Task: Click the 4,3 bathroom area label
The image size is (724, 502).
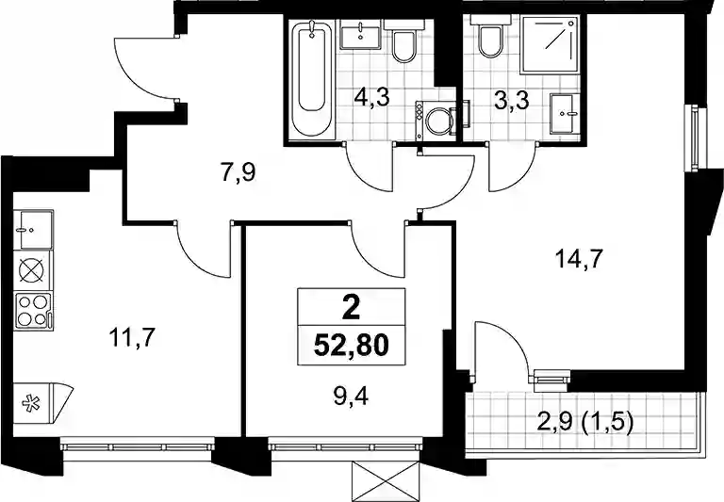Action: click(x=372, y=98)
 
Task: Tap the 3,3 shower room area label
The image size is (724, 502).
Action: click(x=511, y=101)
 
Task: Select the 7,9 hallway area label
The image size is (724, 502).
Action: click(x=238, y=173)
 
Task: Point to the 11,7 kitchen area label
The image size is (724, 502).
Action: click(x=131, y=338)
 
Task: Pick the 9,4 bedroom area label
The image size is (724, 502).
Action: click(x=351, y=396)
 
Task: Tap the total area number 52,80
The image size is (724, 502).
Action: click(x=351, y=345)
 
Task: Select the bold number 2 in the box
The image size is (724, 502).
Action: click(x=351, y=308)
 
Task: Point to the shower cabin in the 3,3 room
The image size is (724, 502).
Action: click(x=550, y=45)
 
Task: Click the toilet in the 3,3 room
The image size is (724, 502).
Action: click(x=490, y=37)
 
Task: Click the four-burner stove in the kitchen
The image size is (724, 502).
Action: click(x=33, y=311)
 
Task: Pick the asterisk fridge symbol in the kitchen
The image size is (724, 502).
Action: click(x=32, y=403)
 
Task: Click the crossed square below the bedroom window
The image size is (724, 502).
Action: click(x=386, y=481)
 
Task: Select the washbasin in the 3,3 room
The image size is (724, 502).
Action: click(x=566, y=114)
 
